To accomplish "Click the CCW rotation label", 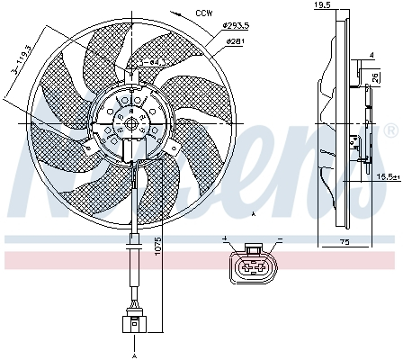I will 205,13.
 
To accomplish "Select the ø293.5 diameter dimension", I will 237,27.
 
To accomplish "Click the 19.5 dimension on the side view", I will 321,6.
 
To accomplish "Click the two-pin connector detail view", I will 251,265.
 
